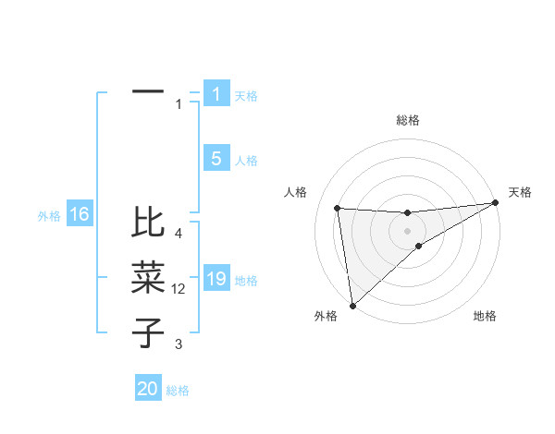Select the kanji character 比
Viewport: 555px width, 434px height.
148,223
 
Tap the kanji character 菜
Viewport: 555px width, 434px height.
148,278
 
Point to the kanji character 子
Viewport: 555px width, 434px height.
148,332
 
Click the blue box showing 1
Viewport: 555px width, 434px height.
216,94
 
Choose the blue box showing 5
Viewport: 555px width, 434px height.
216,159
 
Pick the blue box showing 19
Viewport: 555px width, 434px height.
216,279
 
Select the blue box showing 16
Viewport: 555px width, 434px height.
80,215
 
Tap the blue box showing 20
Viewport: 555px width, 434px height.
148,389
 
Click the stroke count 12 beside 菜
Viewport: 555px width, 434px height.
179,289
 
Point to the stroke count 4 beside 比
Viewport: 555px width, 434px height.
179,234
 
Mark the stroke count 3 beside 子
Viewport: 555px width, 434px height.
179,344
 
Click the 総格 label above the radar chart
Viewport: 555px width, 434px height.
408,120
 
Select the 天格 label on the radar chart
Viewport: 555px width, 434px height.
520,192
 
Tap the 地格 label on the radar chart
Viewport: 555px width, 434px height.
485,316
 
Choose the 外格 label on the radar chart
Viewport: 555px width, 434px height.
326,316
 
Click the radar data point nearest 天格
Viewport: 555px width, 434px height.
494,203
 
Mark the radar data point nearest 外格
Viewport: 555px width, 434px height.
351,305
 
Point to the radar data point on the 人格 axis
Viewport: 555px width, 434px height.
337,208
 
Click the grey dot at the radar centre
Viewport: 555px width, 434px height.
407,230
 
